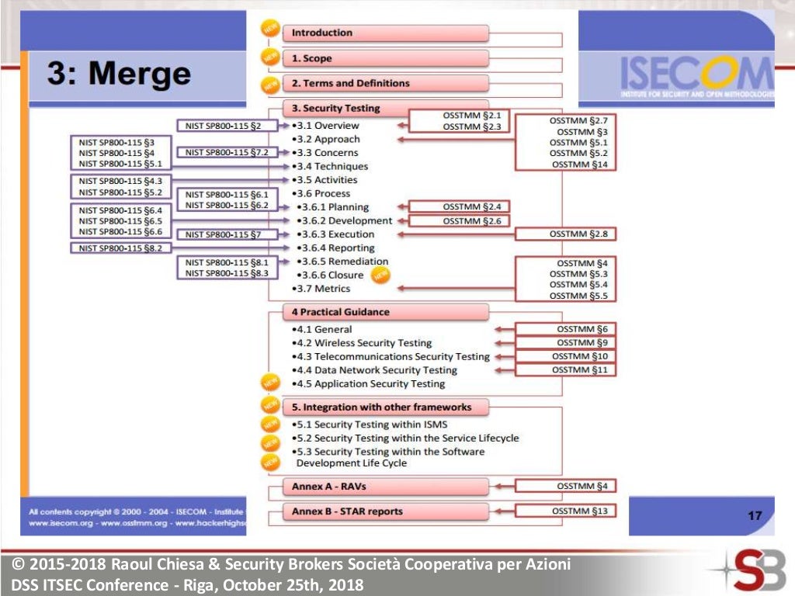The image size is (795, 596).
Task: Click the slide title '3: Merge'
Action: (119, 74)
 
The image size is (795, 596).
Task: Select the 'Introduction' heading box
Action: (387, 33)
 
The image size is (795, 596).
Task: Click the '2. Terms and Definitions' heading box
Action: (387, 84)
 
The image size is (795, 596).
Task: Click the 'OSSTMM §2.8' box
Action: (566, 234)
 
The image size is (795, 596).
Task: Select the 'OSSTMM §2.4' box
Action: (460, 206)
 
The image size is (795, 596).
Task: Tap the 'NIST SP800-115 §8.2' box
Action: (120, 248)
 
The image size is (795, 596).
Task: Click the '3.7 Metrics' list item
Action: (324, 289)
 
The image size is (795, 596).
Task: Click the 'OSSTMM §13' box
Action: (566, 511)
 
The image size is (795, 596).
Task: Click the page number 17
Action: (755, 515)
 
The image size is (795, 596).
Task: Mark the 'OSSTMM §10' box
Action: (566, 356)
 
